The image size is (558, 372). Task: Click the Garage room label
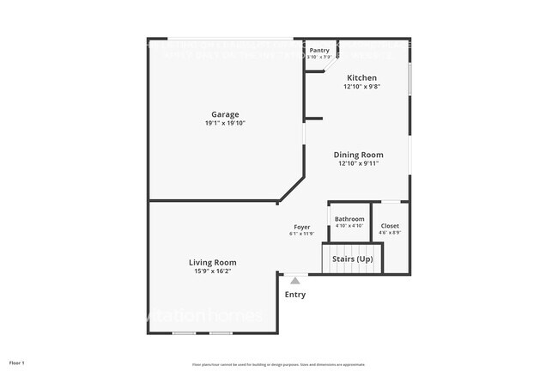[x=225, y=114]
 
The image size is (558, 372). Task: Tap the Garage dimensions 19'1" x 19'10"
[x=225, y=123]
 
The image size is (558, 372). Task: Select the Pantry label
[x=319, y=51]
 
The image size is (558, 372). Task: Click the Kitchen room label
[x=361, y=77]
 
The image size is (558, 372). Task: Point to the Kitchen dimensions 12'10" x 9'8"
[x=361, y=86]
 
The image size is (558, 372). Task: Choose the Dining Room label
[x=358, y=155]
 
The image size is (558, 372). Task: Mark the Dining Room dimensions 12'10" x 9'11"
[x=358, y=163]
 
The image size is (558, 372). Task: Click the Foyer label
[x=301, y=227]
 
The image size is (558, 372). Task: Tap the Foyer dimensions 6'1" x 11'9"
[x=301, y=234]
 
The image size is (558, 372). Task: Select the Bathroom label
[x=349, y=219]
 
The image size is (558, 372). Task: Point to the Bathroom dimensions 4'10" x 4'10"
[x=349, y=226]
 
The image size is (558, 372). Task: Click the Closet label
[x=390, y=226]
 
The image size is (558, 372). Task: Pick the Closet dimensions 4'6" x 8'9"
[x=390, y=233]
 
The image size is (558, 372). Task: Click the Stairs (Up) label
[x=352, y=259]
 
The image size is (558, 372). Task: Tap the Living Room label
[x=213, y=262]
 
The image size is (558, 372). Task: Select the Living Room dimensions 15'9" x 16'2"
[x=213, y=271]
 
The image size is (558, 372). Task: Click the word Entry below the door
[x=294, y=295]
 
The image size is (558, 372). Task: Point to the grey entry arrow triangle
[x=294, y=280]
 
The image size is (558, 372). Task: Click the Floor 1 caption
[x=17, y=363]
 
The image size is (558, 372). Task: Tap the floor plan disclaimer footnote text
[x=278, y=363]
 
